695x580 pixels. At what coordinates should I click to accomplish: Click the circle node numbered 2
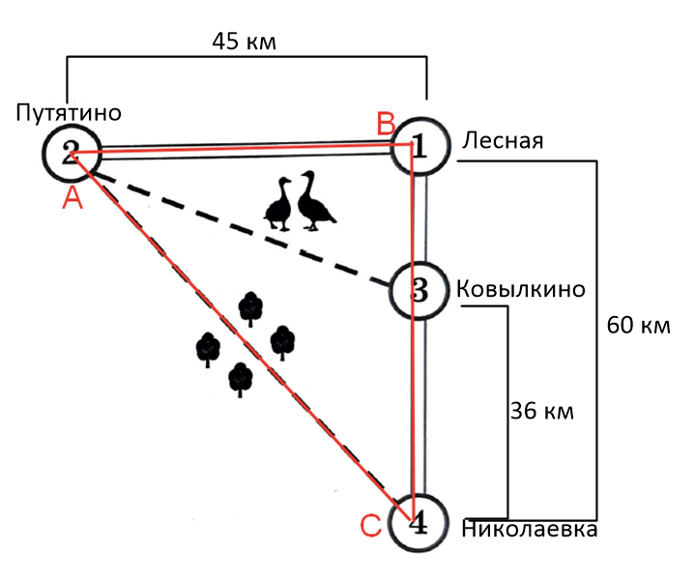pos(71,152)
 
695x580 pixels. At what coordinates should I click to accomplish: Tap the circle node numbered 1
pos(420,145)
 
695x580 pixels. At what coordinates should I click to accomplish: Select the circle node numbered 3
pos(418,289)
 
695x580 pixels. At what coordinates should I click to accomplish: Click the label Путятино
pos(68,113)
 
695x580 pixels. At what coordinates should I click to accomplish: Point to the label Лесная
pos(503,141)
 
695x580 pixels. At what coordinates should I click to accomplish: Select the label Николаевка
pos(528,530)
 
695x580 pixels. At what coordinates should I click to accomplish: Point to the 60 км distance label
pos(637,325)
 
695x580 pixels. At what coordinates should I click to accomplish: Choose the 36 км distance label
pos(541,412)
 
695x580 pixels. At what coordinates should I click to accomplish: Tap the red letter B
pos(386,123)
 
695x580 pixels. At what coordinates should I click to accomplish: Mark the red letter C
pos(371,526)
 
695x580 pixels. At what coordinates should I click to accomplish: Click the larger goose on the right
pos(315,201)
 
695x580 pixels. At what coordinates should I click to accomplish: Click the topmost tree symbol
pos(251,307)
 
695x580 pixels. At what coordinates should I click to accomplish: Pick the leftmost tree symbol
pos(208,349)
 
